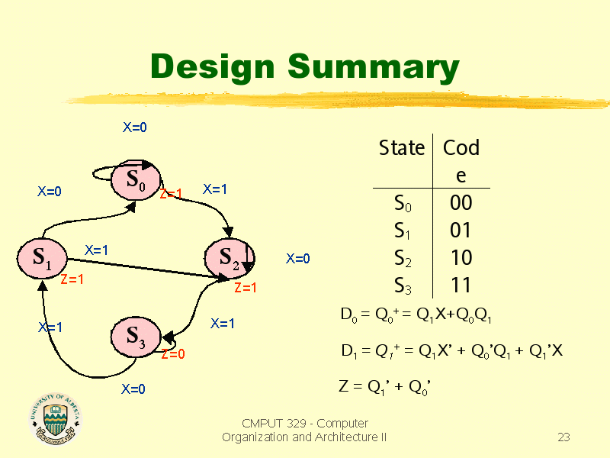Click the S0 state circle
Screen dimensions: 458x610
(134, 182)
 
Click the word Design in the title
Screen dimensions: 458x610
(210, 66)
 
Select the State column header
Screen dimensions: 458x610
(402, 148)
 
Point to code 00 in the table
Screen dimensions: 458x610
(461, 203)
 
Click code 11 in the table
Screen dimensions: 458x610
(461, 285)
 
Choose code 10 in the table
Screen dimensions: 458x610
(461, 258)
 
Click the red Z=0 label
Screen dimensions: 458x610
(173, 354)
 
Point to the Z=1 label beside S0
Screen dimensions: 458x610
(171, 194)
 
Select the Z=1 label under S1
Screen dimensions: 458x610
(72, 279)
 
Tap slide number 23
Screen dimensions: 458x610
(563, 437)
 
